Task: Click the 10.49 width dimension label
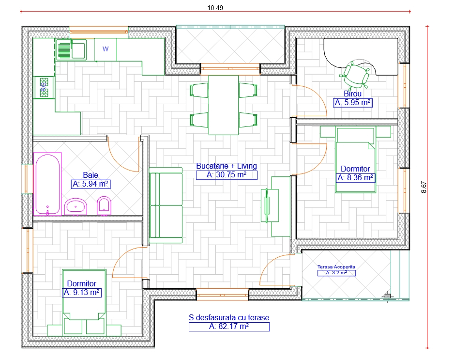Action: (215, 8)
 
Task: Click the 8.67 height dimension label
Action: (424, 187)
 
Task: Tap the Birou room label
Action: (352, 94)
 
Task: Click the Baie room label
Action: (91, 175)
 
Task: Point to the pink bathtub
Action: (48, 184)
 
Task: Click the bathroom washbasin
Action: (76, 207)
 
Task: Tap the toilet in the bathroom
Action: (104, 206)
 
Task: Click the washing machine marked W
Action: (106, 49)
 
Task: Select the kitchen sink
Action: (71, 49)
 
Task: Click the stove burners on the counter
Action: (44, 87)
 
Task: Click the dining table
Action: (224, 105)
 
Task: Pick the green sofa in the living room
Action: (166, 205)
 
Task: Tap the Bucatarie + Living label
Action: (227, 166)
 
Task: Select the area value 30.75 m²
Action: (227, 175)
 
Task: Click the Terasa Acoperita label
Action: (336, 266)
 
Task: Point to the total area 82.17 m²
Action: (229, 327)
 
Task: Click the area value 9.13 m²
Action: (82, 293)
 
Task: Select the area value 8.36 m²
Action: (356, 178)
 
